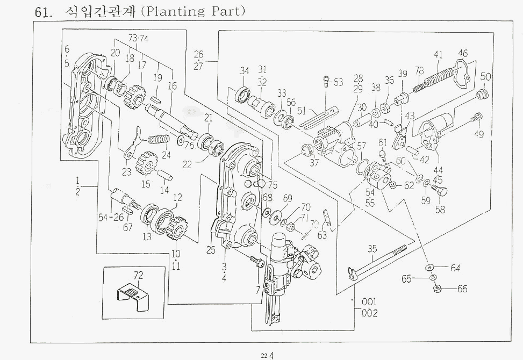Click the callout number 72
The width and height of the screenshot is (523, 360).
[138, 275]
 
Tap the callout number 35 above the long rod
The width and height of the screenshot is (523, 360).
[372, 248]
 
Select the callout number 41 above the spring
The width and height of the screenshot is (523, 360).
[438, 54]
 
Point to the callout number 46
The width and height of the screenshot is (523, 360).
[463, 53]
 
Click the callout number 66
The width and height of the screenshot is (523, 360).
[462, 289]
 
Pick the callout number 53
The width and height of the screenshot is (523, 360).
[338, 82]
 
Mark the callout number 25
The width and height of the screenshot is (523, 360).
[210, 250]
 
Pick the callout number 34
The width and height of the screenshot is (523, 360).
[245, 70]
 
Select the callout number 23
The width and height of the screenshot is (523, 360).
[126, 172]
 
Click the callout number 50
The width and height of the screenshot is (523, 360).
[486, 77]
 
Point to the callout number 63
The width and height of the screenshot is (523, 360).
[323, 234]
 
